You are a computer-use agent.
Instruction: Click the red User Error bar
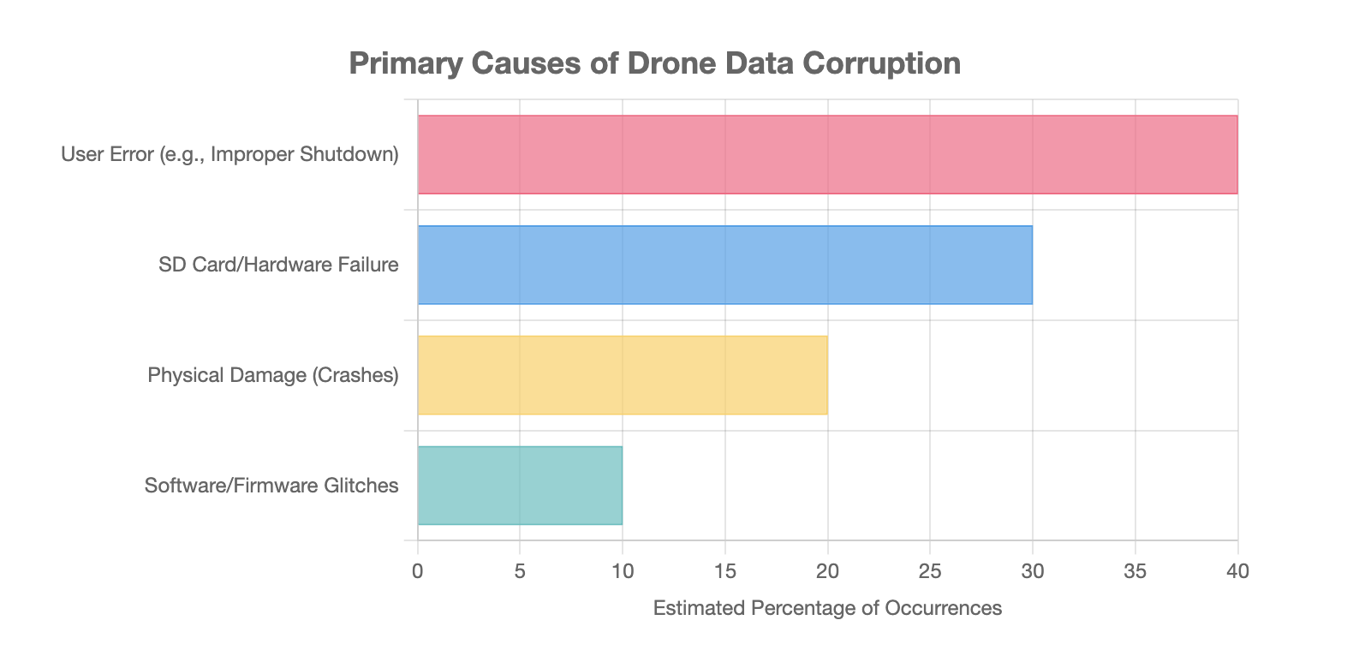click(827, 155)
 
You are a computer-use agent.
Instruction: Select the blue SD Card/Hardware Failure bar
click(724, 265)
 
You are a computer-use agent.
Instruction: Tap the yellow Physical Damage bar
click(623, 375)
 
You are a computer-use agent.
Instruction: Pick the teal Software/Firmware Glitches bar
click(520, 486)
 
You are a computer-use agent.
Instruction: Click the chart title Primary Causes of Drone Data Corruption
click(654, 63)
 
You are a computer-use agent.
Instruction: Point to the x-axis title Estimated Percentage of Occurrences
click(827, 608)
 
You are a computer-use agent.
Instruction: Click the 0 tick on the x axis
click(418, 571)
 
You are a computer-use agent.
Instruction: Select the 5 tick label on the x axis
click(520, 571)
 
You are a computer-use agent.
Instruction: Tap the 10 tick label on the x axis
click(623, 571)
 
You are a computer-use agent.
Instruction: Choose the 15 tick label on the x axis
click(724, 571)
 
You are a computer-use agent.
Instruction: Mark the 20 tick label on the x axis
click(827, 571)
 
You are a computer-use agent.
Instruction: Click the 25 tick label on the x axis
click(930, 571)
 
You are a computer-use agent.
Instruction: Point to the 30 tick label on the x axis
click(1033, 571)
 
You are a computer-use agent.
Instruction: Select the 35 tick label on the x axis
click(1135, 571)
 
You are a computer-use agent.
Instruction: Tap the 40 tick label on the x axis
click(1237, 571)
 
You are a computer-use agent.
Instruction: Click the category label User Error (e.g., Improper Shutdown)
click(229, 155)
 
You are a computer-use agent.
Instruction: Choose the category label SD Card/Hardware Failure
click(278, 265)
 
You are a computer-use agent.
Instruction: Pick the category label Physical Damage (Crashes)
click(273, 375)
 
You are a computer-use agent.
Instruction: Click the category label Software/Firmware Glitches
click(271, 486)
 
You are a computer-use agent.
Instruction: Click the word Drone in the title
click(671, 63)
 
